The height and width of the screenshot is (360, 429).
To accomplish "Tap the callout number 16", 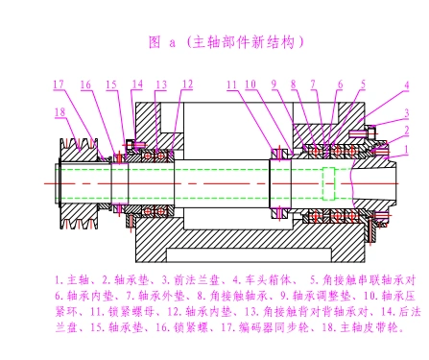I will coord(86,84).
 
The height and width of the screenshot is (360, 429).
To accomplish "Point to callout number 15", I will coord(112,84).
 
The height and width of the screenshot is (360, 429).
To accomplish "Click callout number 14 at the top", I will coord(137,84).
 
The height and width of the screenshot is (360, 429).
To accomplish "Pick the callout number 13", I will coord(160,84).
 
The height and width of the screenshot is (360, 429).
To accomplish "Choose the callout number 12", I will coord(186,84).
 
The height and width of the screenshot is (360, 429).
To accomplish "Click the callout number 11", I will coord(232,84).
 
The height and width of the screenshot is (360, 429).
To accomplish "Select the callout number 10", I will coord(250,84).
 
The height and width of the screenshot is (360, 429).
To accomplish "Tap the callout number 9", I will coord(274,84).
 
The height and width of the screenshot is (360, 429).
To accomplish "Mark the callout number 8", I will coord(295,84).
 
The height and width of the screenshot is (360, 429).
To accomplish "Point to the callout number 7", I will coord(314,84).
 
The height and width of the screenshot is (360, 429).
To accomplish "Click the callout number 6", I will coord(340,84).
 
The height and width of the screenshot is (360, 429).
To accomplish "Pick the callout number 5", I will coord(363,84).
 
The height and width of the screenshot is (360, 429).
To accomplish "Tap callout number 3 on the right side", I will coord(406,114).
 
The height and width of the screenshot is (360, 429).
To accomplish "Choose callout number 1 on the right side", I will coord(406,149).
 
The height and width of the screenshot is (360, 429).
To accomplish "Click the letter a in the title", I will coord(173,43).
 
